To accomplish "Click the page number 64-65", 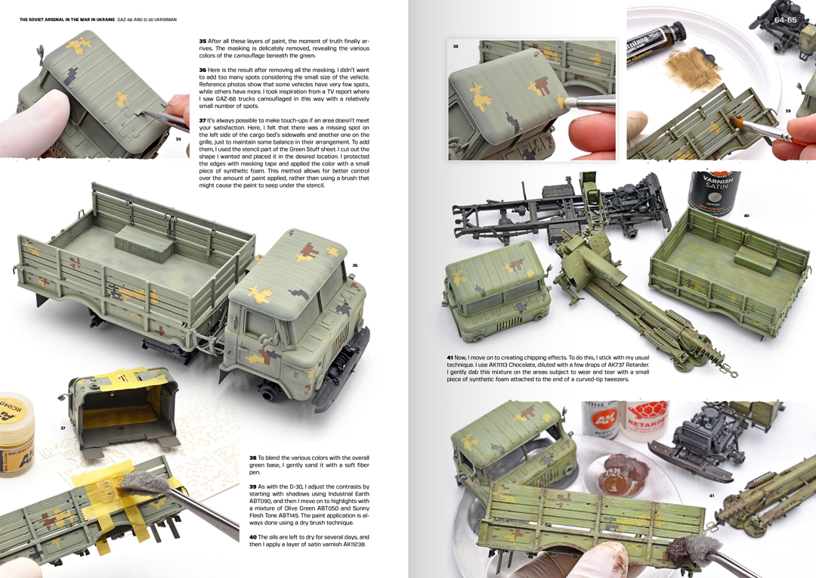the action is pos(785,20).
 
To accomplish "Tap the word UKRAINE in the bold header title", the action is pos(104,20).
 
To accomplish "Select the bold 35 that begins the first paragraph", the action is pos(202,41).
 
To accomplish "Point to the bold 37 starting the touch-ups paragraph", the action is pos(202,120).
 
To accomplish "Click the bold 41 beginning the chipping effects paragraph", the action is pos(450,358).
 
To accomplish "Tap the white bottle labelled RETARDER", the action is pos(645,421).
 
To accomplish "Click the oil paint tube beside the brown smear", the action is pos(649,44).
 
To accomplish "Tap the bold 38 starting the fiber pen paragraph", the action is pos(253,458).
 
